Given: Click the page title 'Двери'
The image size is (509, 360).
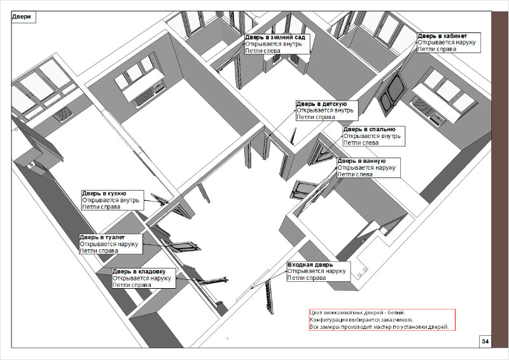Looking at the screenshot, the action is pos(22,17).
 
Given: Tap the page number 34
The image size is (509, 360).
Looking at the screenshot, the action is pos(485,341).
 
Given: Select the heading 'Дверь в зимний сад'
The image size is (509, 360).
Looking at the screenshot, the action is pos(275,38).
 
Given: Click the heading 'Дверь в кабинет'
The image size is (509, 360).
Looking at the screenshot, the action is pos(442,36).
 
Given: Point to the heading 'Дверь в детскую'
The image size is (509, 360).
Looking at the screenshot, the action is pos(322,104).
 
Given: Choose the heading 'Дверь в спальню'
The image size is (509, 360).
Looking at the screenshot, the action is pos(370,129).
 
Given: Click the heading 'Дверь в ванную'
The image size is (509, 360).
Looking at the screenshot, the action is pos(361,161).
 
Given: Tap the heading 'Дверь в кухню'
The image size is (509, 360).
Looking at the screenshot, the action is pos(104,193).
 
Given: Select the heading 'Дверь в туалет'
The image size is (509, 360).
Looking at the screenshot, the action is pos(102,237).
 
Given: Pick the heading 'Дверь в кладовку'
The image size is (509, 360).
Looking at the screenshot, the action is pos(139,272).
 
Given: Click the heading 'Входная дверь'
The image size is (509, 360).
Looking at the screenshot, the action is pos(310,265).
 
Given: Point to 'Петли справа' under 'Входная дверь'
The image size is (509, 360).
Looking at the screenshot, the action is pos(307,278).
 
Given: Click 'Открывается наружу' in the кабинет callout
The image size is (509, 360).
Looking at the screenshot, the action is pos(447,43).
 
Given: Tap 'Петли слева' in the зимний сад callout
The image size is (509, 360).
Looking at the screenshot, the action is pos(263,51).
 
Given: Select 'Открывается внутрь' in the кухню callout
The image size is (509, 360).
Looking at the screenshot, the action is pos(111,200).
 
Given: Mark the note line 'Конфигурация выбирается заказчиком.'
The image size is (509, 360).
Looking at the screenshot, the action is pos(361,320).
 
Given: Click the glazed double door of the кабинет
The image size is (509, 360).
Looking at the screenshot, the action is pos(392,94).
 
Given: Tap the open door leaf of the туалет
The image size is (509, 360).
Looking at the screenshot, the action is pos(183,246).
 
